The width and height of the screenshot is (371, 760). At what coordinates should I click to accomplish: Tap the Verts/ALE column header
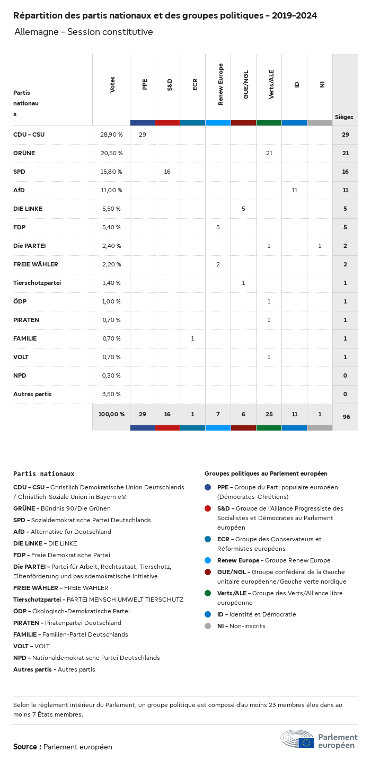[x=271, y=84]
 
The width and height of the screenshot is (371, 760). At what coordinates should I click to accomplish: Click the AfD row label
[x=19, y=190]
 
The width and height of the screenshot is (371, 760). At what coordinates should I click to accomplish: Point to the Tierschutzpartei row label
[x=37, y=283]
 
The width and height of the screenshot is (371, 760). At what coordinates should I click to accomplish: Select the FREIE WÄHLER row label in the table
[x=36, y=264]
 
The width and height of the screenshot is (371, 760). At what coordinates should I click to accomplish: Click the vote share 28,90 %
[x=111, y=135]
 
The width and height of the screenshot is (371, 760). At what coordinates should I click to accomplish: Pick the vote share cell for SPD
[x=111, y=172]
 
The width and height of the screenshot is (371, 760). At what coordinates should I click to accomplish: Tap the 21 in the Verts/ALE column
[x=269, y=153]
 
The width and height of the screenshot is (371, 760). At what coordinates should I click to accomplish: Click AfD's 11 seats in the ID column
[x=294, y=190]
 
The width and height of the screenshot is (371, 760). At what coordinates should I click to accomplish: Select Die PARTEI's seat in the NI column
[x=320, y=246]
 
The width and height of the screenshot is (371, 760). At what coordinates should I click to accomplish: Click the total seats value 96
[x=346, y=417]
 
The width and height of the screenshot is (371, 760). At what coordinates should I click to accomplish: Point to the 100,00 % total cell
[x=111, y=414]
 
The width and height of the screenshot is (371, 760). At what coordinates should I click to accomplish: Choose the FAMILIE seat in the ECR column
[x=192, y=338]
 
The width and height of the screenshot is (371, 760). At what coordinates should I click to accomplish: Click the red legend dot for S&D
[x=208, y=508]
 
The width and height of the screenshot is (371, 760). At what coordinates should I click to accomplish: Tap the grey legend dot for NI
[x=208, y=626]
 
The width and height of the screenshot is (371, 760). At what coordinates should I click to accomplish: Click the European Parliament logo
[x=319, y=739]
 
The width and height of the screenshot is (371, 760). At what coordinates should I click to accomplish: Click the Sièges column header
[x=344, y=117]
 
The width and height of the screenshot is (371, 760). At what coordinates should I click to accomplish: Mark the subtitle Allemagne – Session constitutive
[x=84, y=32]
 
